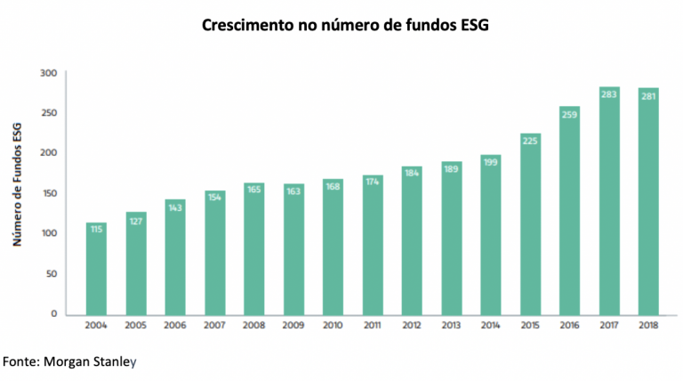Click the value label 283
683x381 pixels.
click(609, 93)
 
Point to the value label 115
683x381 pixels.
click(96, 229)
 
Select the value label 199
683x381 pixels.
click(491, 161)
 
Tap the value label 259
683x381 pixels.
click(570, 113)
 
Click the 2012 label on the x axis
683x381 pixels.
click(412, 327)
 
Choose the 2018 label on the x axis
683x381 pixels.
click(648, 327)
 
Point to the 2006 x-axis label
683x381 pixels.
click(175, 327)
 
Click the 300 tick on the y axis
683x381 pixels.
click(48, 72)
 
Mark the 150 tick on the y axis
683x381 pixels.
click(48, 193)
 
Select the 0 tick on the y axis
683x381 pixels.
click(54, 313)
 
